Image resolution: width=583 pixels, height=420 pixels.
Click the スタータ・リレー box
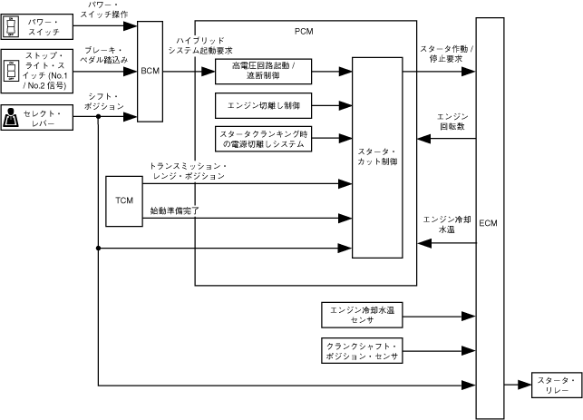tap(551, 384)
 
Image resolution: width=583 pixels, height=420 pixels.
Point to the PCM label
tap(305, 32)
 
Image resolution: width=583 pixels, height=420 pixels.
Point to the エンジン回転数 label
tap(451, 122)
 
